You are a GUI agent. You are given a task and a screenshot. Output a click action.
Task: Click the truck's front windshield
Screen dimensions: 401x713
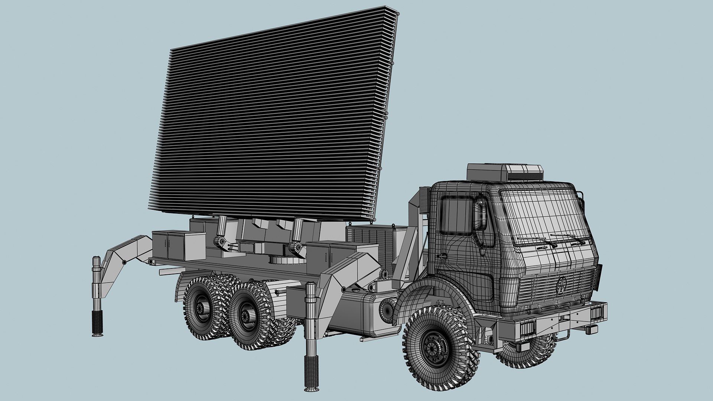click(x=542, y=215)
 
